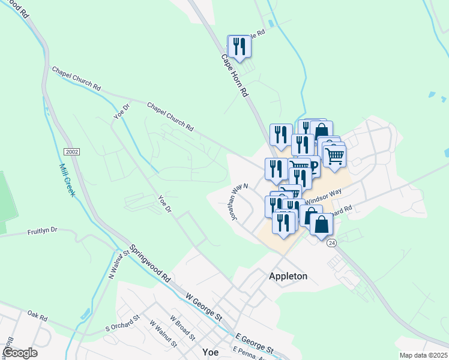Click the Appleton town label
point(288,276)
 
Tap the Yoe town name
point(210,352)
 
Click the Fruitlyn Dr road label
point(42,230)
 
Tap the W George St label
point(204,307)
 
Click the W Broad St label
point(180,328)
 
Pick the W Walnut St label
point(161,336)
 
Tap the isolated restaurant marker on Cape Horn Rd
point(239,46)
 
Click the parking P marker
point(312,166)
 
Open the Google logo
point(20,353)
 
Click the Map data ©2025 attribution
point(423,355)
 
